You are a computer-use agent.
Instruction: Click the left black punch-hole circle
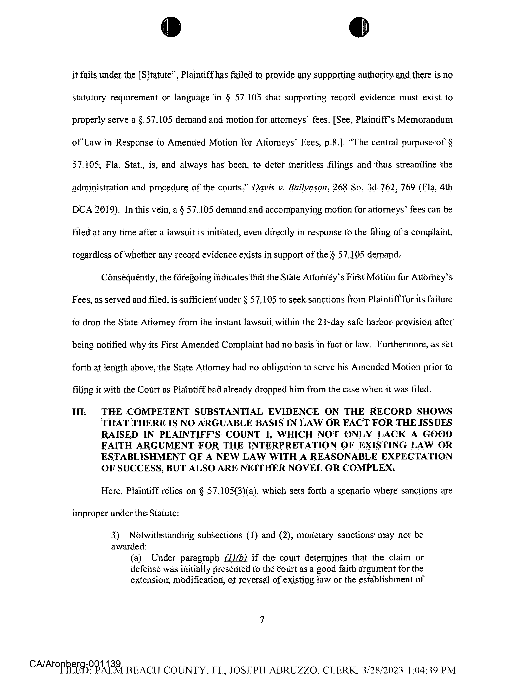click(171, 27)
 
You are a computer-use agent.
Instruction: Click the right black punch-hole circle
click(359, 27)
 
